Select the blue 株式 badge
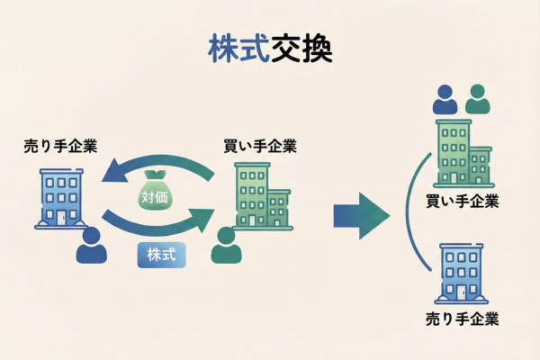click(x=163, y=254)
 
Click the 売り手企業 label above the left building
click(x=61, y=146)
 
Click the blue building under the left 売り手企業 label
click(x=61, y=198)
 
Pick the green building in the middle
click(x=260, y=196)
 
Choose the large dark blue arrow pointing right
click(x=360, y=214)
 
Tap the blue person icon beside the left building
click(x=91, y=246)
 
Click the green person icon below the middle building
click(x=227, y=246)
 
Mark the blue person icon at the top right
click(x=445, y=99)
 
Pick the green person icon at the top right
click(x=478, y=99)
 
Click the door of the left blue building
click(x=61, y=218)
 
